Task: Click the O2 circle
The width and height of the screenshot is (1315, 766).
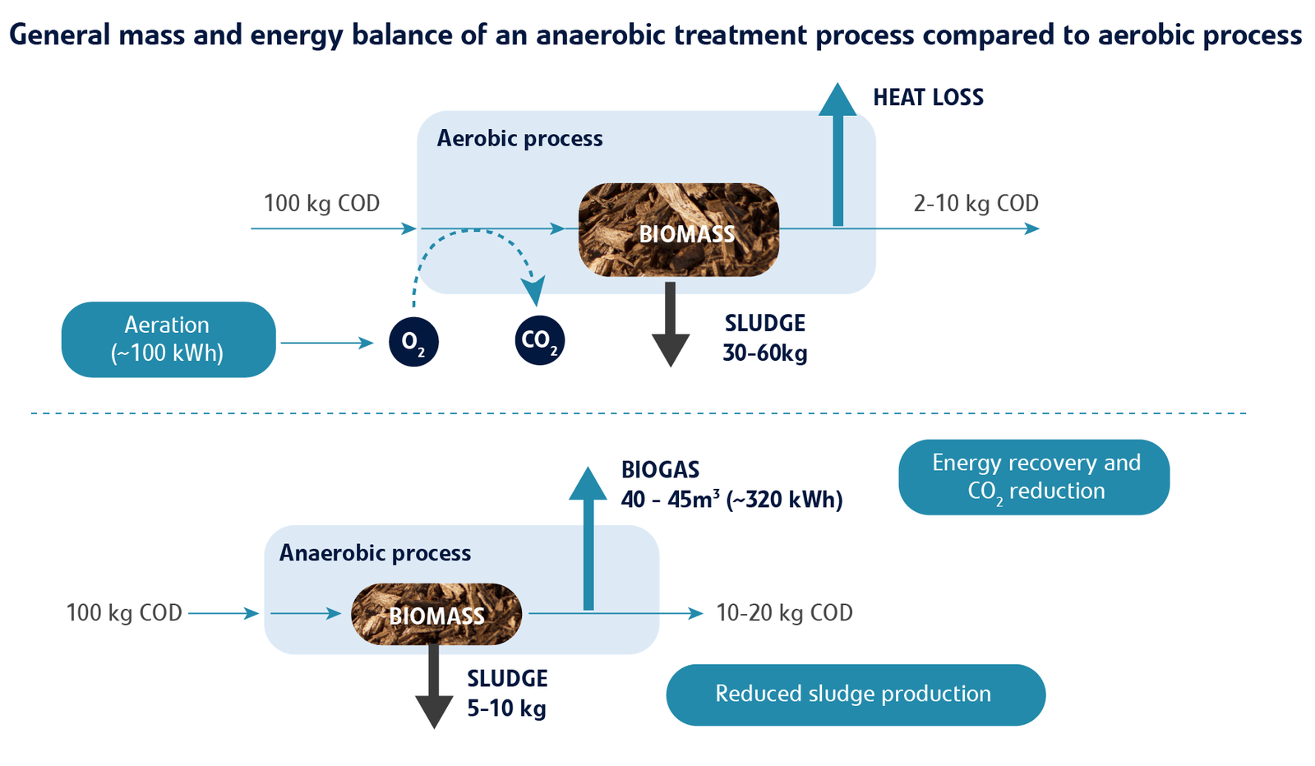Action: pyautogui.click(x=413, y=341)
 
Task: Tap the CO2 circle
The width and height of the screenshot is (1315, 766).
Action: pyautogui.click(x=540, y=340)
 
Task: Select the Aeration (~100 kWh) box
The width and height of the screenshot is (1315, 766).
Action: pyautogui.click(x=168, y=339)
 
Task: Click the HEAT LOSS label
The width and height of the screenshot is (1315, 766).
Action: pyautogui.click(x=928, y=97)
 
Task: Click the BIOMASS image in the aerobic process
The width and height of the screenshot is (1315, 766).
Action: pyautogui.click(x=679, y=230)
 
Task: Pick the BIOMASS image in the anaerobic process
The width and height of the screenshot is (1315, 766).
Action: pyautogui.click(x=436, y=614)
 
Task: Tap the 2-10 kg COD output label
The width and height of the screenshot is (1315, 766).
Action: pyautogui.click(x=976, y=203)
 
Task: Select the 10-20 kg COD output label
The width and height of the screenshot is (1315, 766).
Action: pyautogui.click(x=784, y=612)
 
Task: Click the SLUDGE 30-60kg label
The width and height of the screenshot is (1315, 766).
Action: pyautogui.click(x=764, y=338)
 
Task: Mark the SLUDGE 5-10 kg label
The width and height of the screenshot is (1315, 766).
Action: pyautogui.click(x=507, y=693)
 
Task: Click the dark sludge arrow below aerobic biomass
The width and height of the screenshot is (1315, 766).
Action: pyautogui.click(x=670, y=325)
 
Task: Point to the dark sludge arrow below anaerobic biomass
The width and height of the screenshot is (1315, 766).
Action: pyautogui.click(x=434, y=687)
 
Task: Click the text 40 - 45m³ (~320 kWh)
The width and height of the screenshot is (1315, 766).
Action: pyautogui.click(x=731, y=499)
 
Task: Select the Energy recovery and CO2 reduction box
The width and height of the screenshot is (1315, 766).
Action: pyautogui.click(x=1034, y=478)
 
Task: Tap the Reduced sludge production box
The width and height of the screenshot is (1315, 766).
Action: pyautogui.click(x=856, y=694)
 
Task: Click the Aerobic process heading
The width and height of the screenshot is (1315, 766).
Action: pyautogui.click(x=519, y=138)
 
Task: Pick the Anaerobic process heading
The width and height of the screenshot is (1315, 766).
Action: pyautogui.click(x=375, y=553)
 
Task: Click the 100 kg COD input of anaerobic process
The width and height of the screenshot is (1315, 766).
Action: pyautogui.click(x=124, y=612)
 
